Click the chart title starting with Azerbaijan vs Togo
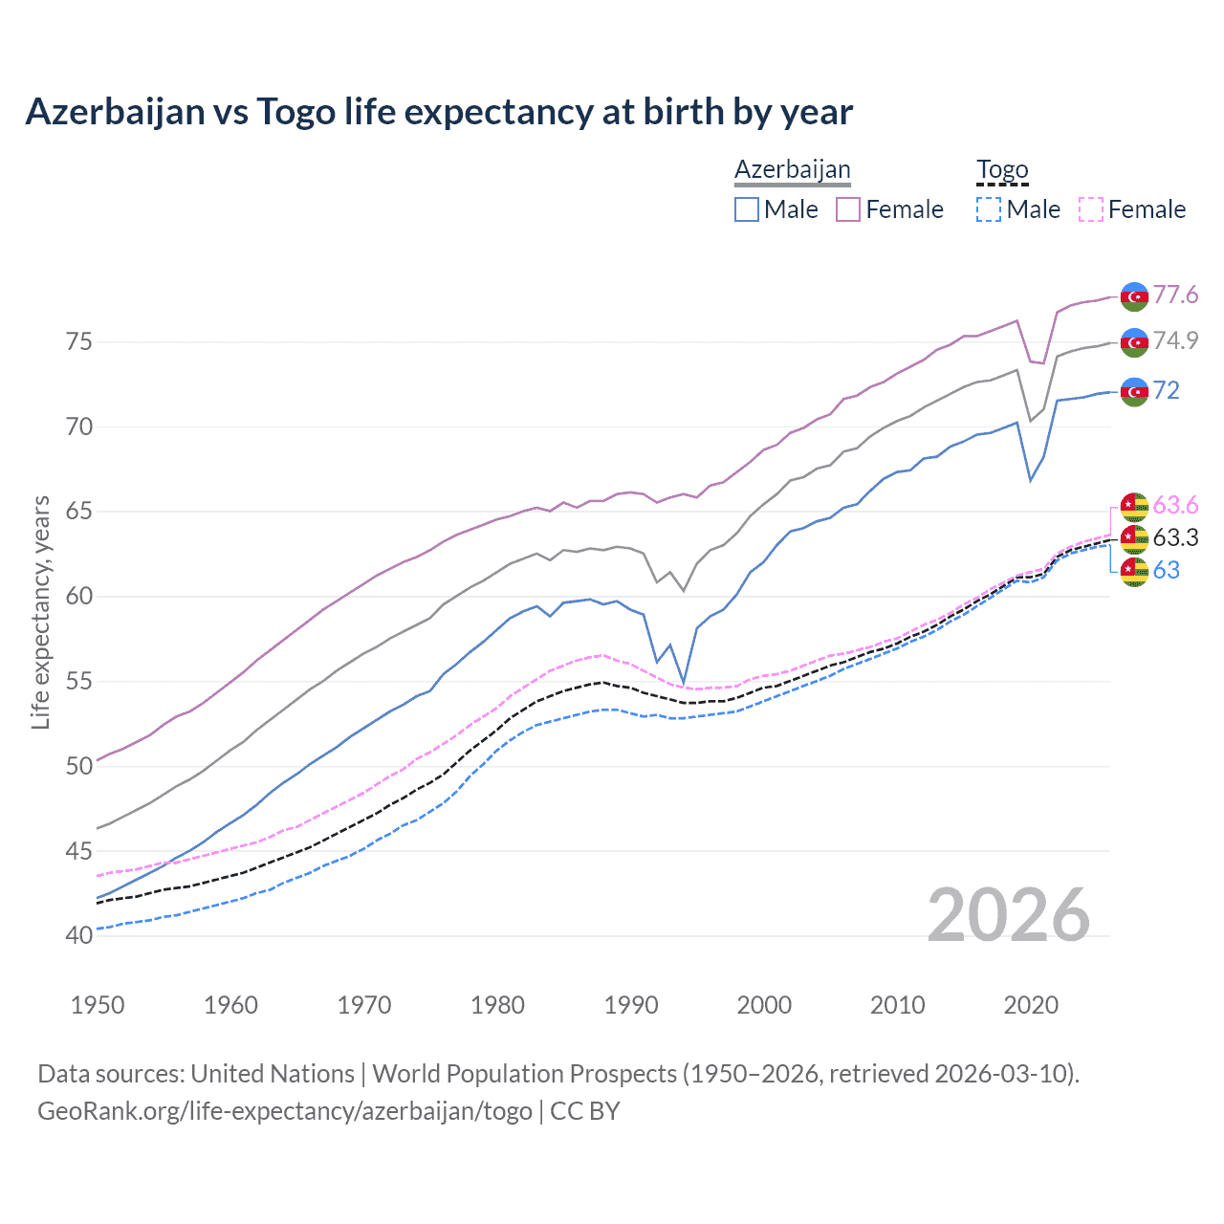click(439, 112)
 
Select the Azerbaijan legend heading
click(792, 169)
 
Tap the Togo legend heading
click(1001, 169)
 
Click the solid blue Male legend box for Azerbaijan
click(747, 209)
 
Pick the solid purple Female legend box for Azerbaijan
click(848, 209)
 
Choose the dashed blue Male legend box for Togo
click(989, 209)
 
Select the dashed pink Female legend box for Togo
click(1090, 209)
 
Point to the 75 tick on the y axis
click(79, 341)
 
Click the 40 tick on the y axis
click(79, 935)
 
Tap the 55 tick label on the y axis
click(79, 681)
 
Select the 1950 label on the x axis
click(98, 1005)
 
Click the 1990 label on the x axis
click(631, 1005)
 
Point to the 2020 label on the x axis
click(1031, 1005)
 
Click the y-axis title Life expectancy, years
click(40, 612)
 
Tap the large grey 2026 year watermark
click(1008, 915)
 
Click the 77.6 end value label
click(1175, 295)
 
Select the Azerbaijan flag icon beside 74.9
click(1134, 342)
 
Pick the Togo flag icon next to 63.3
click(1134, 538)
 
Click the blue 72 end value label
click(1166, 390)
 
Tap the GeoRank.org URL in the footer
click(285, 1111)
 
